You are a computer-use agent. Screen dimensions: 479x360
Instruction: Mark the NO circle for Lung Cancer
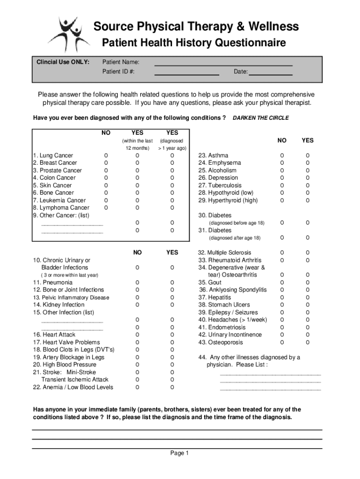click(106, 155)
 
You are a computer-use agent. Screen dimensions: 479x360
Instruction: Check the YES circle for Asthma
click(308, 155)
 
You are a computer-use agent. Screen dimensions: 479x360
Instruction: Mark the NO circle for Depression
click(281, 178)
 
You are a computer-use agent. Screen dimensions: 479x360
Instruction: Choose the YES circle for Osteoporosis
click(308, 342)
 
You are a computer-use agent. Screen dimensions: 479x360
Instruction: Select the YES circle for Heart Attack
click(172, 335)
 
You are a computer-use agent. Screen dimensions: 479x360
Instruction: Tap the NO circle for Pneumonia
click(137, 283)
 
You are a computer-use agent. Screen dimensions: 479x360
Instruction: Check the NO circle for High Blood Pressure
click(137, 365)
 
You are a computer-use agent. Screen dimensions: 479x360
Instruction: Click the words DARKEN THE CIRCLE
click(260, 118)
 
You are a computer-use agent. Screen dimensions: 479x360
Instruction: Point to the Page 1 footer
click(180, 453)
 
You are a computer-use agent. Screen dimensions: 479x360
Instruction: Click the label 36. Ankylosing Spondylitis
click(233, 290)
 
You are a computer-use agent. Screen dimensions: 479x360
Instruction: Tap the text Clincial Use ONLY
click(63, 62)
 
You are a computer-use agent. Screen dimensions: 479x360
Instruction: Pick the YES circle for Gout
click(308, 283)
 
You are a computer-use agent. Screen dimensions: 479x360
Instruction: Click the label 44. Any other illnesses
click(249, 357)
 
